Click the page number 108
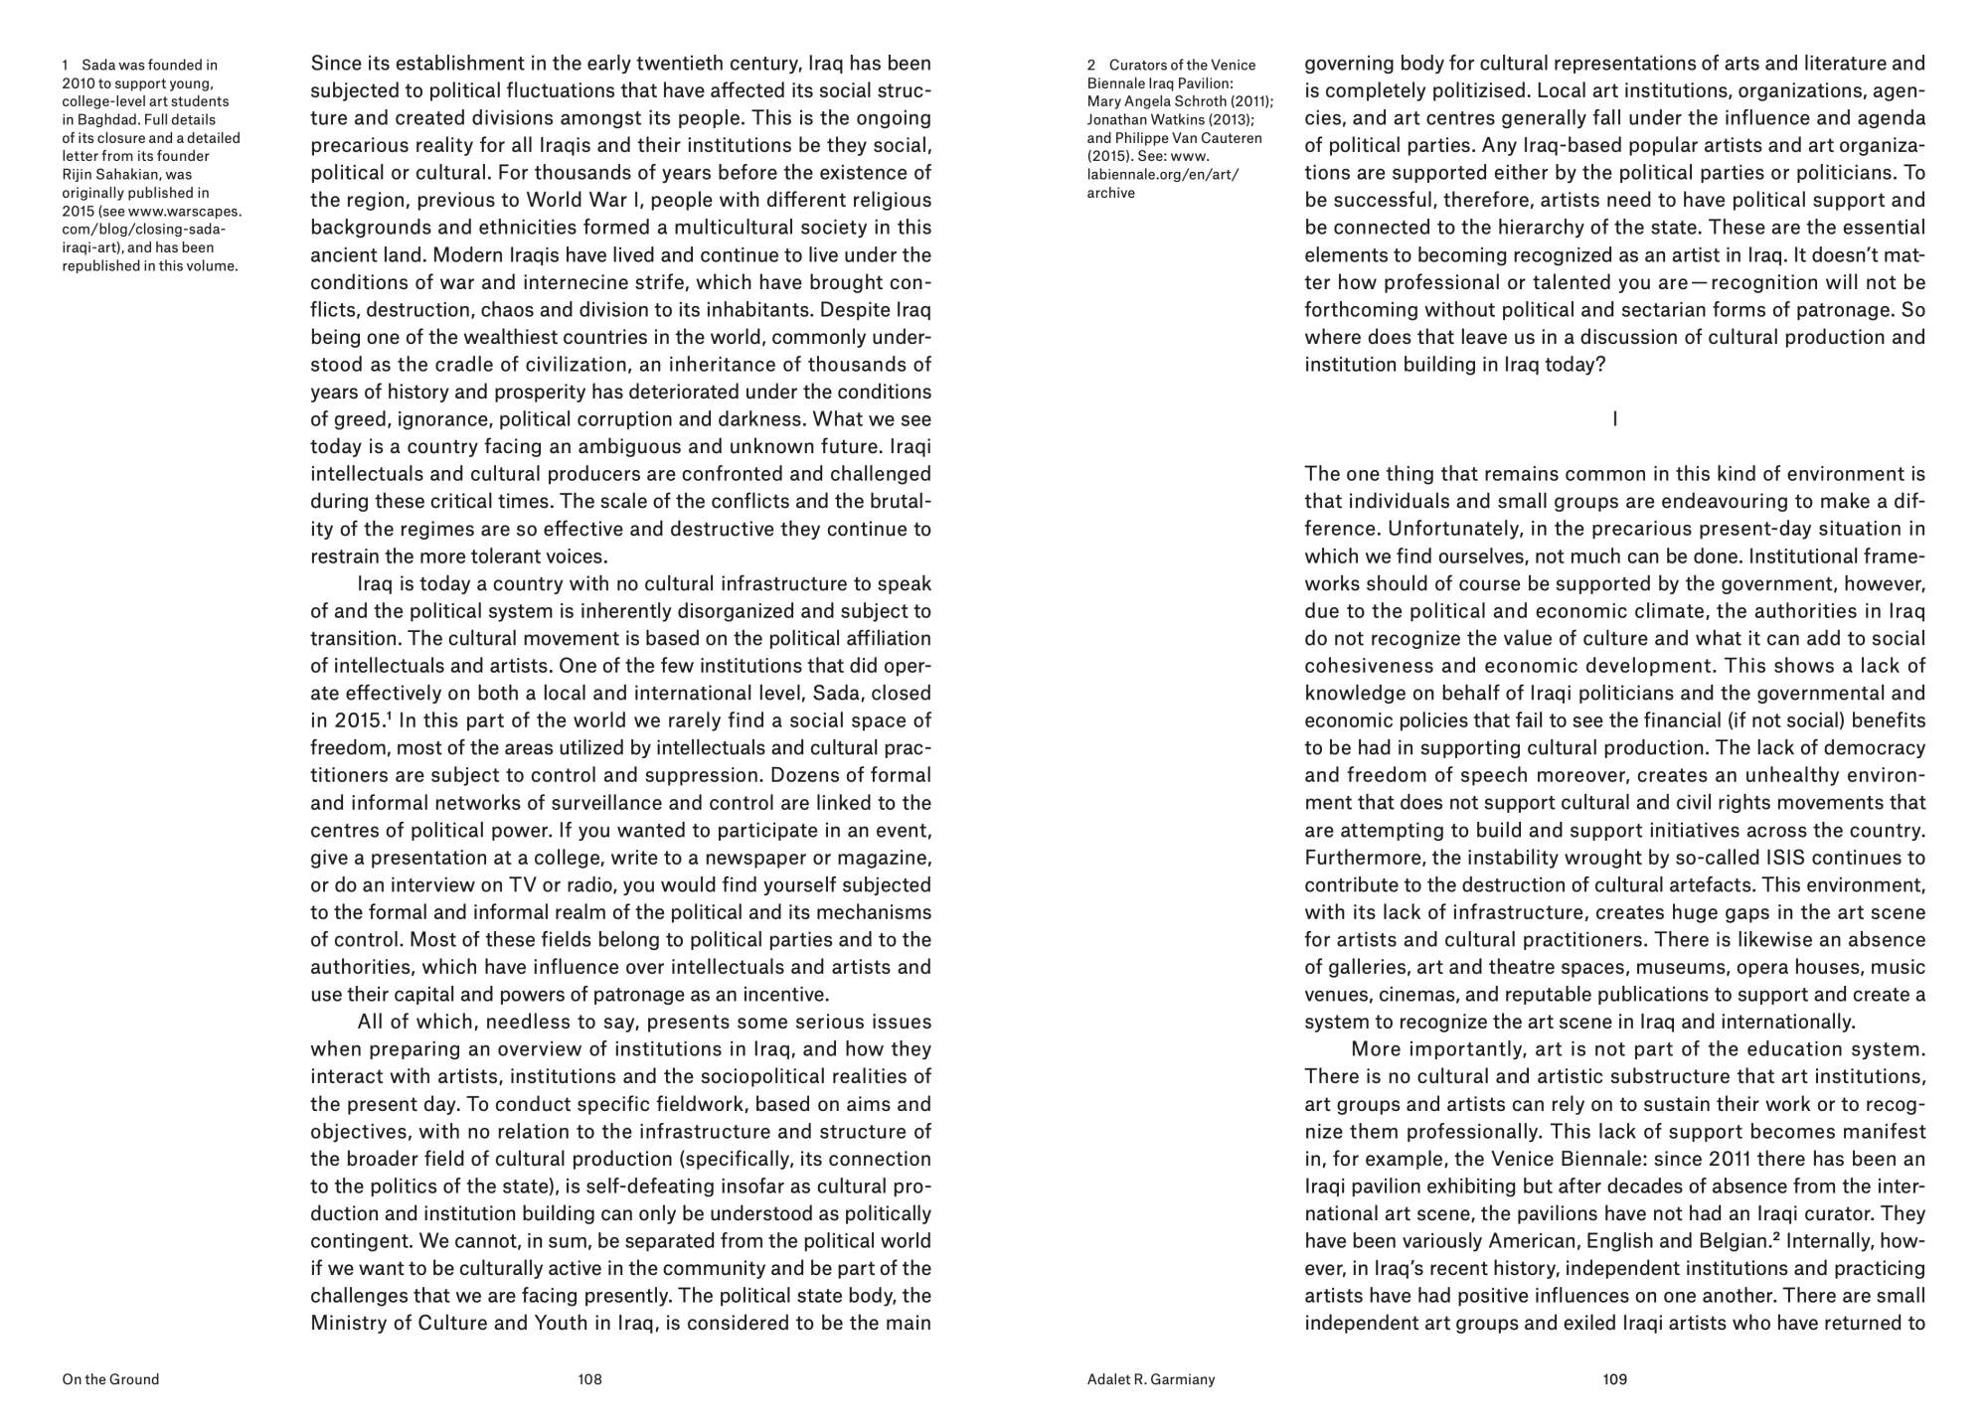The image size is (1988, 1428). [589, 1379]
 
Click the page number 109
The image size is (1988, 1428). [1614, 1379]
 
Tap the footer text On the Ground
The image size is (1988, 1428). [110, 1379]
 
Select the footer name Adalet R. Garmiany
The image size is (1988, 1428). [1151, 1379]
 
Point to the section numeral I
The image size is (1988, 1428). [1614, 419]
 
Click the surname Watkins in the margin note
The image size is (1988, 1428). [1182, 119]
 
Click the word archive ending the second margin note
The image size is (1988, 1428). [1111, 193]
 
